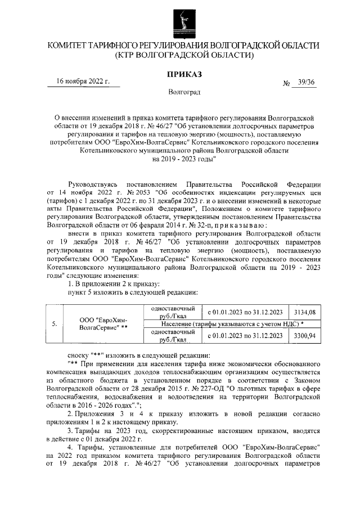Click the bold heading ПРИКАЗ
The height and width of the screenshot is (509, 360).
184,74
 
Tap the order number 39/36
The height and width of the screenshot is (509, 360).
306,83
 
